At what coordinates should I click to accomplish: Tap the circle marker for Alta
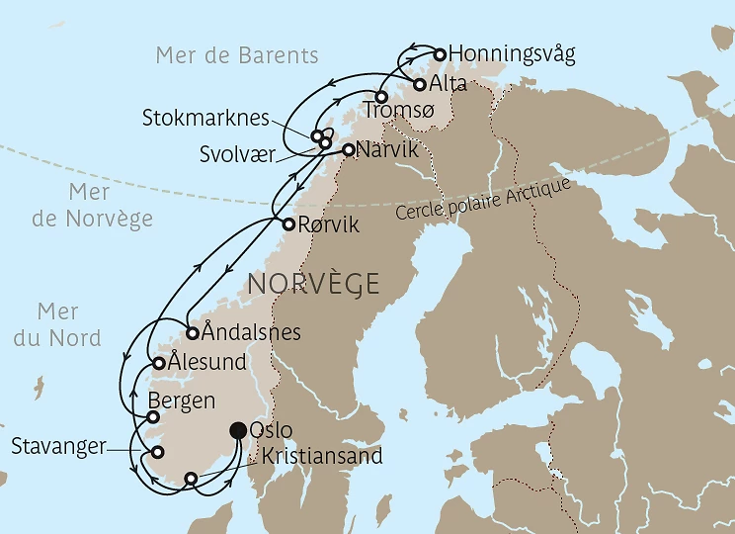coord(421,84)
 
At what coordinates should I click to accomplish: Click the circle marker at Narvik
coord(348,150)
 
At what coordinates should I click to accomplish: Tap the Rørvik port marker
coord(288,224)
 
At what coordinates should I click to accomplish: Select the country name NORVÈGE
coord(313,284)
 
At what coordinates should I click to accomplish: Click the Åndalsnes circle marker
coord(193,332)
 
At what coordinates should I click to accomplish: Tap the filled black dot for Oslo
coord(238,430)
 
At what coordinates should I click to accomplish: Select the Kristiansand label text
coord(321,456)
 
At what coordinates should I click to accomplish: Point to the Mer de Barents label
coord(237,55)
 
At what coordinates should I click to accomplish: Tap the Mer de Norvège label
coord(92,206)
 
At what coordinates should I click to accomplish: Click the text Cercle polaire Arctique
coord(482,201)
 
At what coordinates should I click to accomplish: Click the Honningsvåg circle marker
coord(441,54)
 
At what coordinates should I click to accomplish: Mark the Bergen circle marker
coord(153,417)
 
